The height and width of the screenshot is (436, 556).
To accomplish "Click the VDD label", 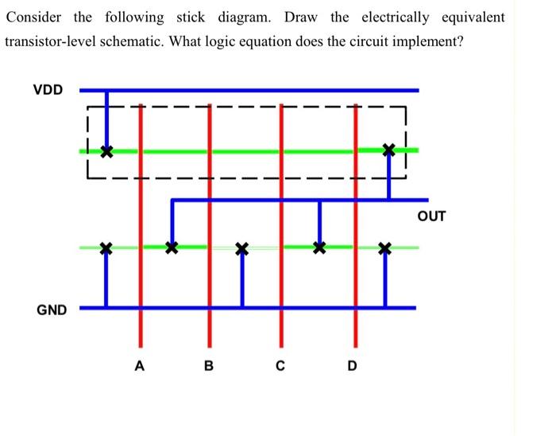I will [48, 89].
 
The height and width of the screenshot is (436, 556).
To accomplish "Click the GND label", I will [52, 309].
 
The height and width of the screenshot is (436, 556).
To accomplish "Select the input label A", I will [140, 367].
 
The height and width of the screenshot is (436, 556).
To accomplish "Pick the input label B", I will [209, 367].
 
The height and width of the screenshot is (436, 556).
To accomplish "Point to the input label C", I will [280, 367].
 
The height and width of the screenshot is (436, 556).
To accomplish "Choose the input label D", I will [352, 367].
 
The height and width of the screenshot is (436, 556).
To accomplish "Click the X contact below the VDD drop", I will [106, 150].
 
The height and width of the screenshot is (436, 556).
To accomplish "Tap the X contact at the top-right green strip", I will [388, 149].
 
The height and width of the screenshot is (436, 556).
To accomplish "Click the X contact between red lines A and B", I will [171, 247].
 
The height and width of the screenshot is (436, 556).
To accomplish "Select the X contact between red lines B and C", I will [243, 249].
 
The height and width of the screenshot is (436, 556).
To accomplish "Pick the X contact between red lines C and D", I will [319, 247].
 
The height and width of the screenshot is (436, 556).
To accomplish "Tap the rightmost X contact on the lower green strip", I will [385, 249].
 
